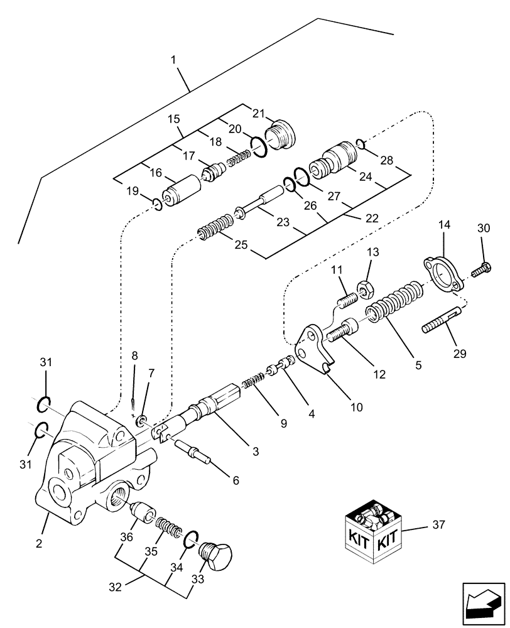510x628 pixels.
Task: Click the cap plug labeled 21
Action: (281, 134)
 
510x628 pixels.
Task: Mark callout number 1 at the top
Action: (173, 60)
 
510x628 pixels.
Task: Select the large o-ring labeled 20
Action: (260, 146)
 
